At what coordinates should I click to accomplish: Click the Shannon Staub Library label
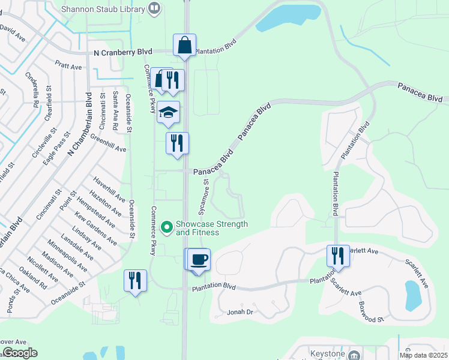108,8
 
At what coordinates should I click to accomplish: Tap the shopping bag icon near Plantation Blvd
184,46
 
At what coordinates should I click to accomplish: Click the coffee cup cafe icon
199,259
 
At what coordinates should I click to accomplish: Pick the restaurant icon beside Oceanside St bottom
134,281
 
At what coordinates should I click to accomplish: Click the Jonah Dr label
241,313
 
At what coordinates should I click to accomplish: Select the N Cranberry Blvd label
123,53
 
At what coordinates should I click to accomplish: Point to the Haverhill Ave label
109,189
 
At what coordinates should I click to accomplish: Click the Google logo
20,353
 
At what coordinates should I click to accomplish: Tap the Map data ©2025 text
423,355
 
